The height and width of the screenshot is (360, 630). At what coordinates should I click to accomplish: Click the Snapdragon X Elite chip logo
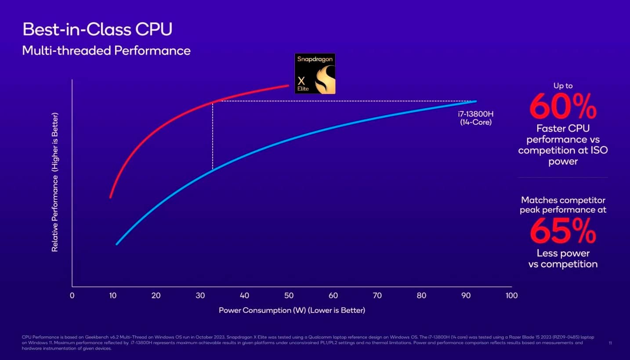pos(315,73)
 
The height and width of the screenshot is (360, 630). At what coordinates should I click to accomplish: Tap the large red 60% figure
pos(563,107)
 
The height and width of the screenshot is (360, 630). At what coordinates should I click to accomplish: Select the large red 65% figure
pos(563,231)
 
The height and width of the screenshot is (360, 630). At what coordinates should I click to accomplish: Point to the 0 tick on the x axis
pos(72,295)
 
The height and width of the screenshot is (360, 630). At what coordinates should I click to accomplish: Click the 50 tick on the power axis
pos(289,295)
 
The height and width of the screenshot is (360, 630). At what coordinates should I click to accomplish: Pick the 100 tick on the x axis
pos(511,295)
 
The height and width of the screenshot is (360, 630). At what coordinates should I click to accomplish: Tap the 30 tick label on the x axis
pos(200,295)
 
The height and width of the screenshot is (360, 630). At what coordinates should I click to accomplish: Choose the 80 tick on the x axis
pos(422,295)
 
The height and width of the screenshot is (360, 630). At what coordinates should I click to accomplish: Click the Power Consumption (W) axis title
pos(292,310)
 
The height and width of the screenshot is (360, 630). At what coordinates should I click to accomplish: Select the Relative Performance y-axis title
pos(55,182)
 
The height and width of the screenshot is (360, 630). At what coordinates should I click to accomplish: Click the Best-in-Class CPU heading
pos(97,30)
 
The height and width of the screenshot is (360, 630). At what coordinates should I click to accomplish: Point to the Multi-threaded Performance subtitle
pos(106,51)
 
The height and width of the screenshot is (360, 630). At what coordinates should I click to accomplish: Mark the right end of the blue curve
pos(475,102)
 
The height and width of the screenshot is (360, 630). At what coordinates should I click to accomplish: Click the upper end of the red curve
pos(288,86)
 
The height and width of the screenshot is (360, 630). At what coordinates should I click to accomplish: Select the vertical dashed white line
pos(213,136)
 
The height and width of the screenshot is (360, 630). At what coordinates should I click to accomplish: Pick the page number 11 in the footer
pos(610,342)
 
